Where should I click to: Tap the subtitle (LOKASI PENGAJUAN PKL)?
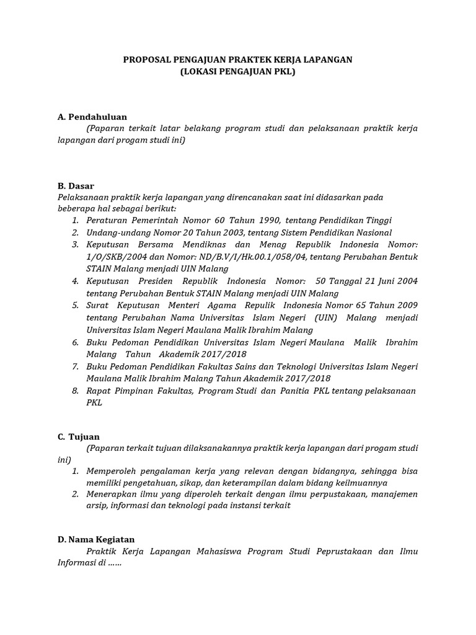238,71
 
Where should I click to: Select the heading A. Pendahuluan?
92,117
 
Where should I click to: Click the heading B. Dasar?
76,185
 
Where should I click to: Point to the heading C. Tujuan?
79,437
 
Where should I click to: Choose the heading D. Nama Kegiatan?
96,540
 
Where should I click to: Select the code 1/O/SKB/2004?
115,257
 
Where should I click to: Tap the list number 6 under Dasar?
74,342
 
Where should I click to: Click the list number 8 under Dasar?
74,391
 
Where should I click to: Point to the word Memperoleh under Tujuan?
113,471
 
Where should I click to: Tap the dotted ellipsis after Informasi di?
114,564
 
